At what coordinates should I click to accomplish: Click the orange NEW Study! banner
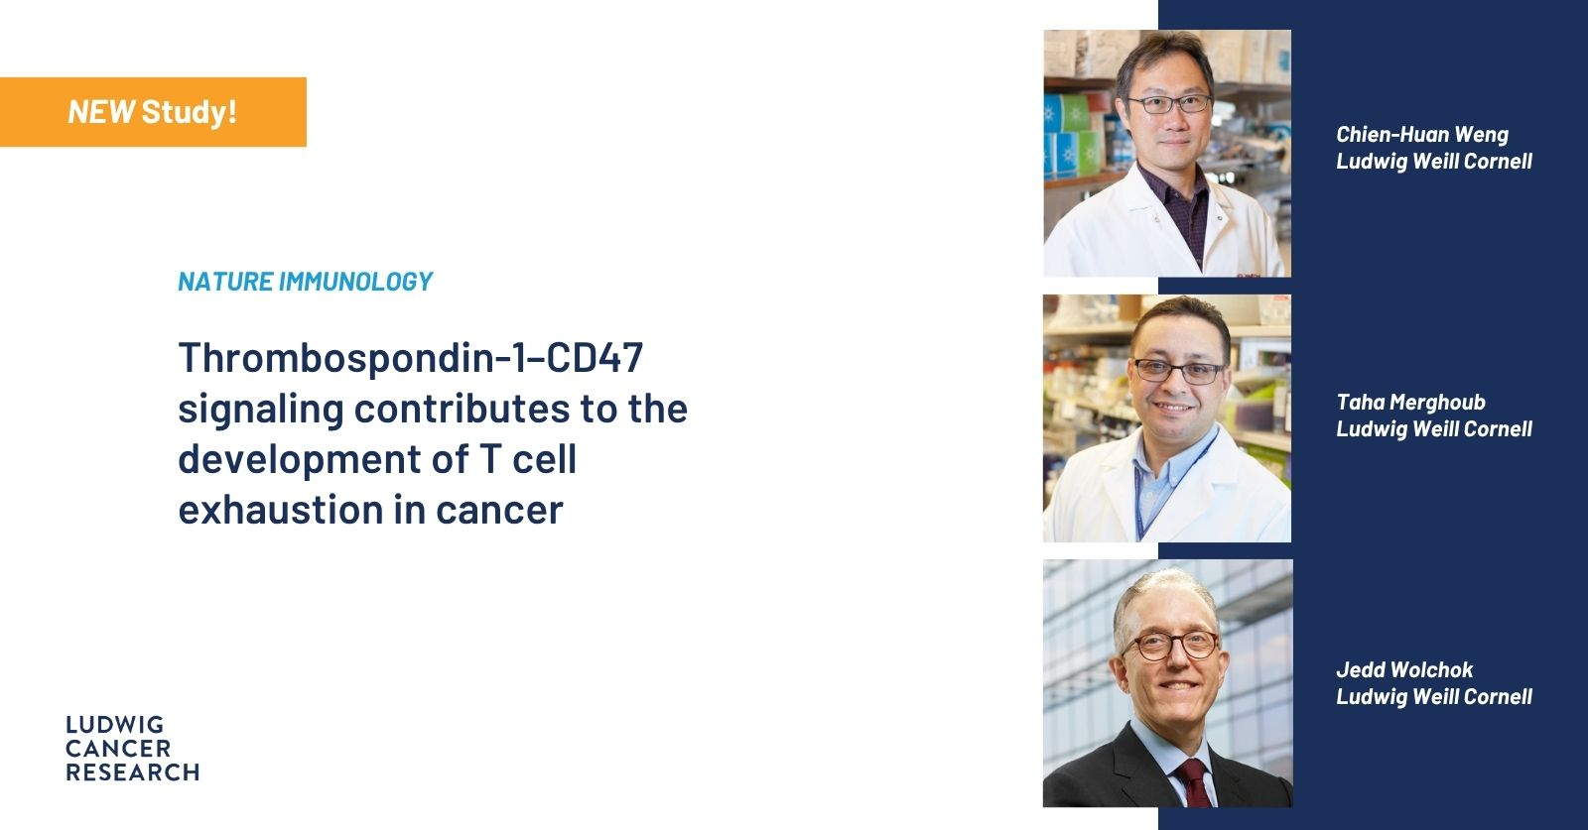click(x=153, y=112)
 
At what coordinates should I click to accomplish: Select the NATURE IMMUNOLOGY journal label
click(x=305, y=282)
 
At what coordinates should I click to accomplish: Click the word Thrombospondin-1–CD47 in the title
click(x=411, y=358)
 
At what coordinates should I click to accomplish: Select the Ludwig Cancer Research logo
click(x=133, y=749)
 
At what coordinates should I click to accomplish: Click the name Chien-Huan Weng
click(x=1422, y=135)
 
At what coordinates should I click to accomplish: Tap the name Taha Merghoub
click(x=1410, y=403)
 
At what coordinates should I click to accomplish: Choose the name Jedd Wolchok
click(x=1404, y=670)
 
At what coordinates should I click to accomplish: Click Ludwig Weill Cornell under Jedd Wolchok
click(x=1434, y=697)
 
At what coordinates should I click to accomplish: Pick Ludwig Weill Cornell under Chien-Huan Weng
click(x=1434, y=162)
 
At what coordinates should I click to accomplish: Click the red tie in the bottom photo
click(x=1195, y=783)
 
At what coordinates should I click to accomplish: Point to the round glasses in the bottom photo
click(x=1170, y=646)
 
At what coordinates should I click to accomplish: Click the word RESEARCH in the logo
click(x=133, y=772)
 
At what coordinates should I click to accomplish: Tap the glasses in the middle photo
click(x=1179, y=371)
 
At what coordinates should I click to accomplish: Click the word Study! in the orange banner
click(x=190, y=112)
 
